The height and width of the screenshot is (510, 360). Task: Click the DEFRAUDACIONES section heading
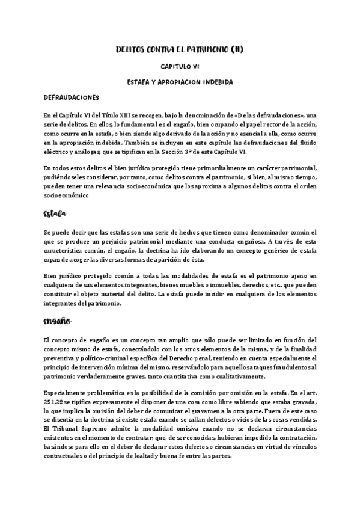pos(71,97)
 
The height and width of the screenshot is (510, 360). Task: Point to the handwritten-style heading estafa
pos(55,214)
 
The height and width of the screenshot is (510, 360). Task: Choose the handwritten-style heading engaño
pos(58,322)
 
